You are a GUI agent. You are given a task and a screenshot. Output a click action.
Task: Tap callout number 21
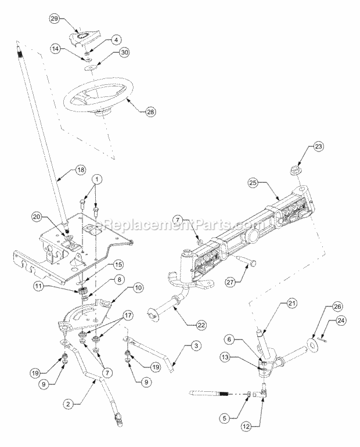point(291,303)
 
